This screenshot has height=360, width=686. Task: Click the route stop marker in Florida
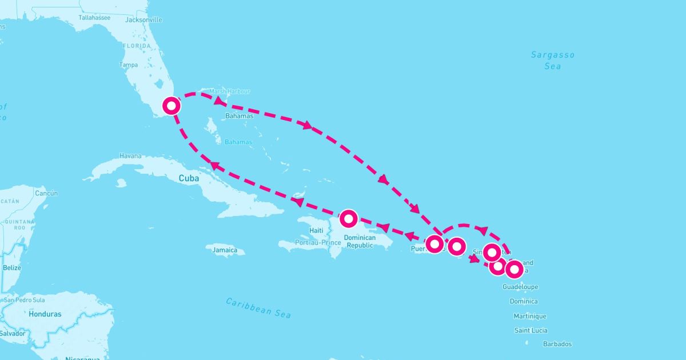point(171,106)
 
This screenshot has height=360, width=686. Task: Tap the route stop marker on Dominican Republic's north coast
point(348,218)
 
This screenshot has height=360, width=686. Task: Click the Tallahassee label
point(94,18)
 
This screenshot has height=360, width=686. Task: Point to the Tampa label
point(129,65)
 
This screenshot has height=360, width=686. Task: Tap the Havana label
point(130,156)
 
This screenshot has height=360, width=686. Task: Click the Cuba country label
point(189,178)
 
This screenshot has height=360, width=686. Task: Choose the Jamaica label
point(225,250)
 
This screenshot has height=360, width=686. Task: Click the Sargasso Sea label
point(552,61)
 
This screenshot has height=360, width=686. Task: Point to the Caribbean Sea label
point(258,307)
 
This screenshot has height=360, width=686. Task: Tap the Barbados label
point(557,344)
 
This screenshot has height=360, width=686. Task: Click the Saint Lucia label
point(531,330)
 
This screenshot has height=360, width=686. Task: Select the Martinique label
point(530,316)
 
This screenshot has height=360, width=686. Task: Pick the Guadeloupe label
point(521,287)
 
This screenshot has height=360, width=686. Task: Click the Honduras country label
point(45,314)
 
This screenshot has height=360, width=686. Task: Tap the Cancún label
point(47,193)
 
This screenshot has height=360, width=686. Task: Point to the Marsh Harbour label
point(230,91)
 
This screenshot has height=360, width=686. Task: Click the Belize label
point(11,267)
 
